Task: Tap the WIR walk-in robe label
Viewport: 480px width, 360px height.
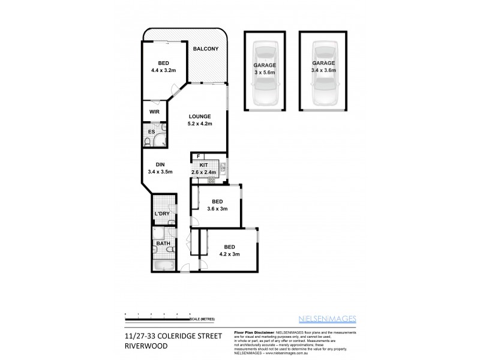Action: coord(154,112)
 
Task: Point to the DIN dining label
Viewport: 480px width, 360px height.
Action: coord(160,164)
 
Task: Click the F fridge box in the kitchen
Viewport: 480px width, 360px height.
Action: coord(198,157)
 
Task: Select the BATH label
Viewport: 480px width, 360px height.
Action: coord(164,244)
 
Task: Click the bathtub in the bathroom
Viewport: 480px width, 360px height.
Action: coord(163,264)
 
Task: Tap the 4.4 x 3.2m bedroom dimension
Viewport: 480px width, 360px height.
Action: coord(164,70)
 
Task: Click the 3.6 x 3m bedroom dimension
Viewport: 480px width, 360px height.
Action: coord(217,208)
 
